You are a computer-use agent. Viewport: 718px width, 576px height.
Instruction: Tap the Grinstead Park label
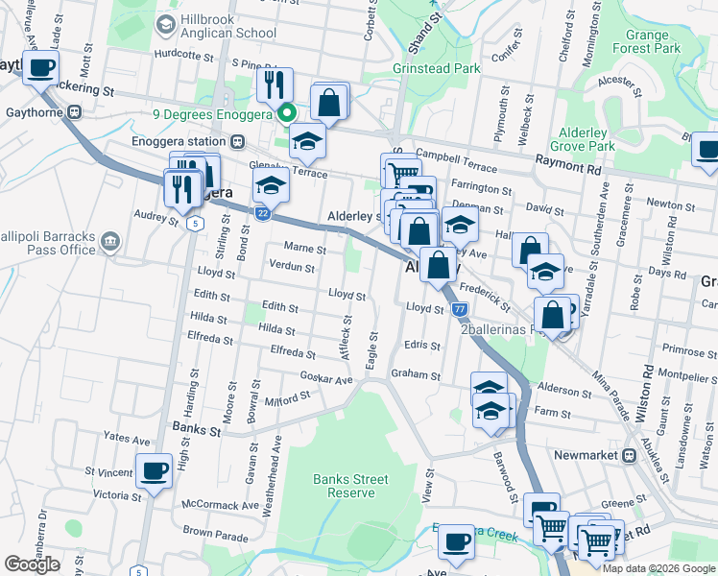point(436,69)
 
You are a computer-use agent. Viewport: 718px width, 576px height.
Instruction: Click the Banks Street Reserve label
point(350,486)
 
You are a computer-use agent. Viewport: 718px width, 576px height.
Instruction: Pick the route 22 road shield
point(261,213)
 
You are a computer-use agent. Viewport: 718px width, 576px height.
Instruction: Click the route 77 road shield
point(460,309)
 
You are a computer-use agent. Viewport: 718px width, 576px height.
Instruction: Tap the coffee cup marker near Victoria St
point(154,471)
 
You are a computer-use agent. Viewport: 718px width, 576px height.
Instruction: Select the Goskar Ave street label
point(326,379)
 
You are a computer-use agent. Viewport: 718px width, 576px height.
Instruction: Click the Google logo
point(32,564)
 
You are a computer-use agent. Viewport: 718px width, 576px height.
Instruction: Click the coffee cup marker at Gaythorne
point(41,68)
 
